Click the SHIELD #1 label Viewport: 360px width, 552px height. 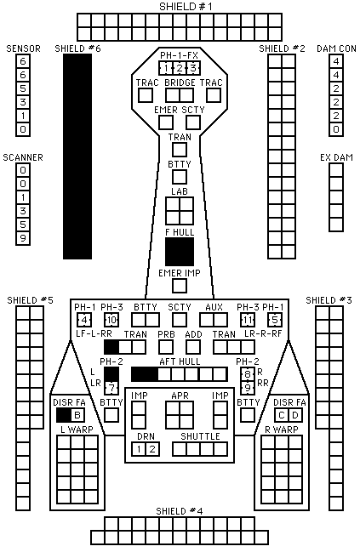pos(186,7)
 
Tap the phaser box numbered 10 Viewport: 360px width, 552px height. pos(111,320)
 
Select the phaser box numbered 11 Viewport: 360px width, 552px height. pos(248,320)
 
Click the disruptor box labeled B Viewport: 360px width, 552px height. pos(77,415)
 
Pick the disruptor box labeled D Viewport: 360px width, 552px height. pos(295,415)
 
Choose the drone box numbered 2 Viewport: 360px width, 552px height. pos(152,449)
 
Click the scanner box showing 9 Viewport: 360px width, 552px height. pos(23,238)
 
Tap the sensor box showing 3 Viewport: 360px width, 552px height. pos(23,102)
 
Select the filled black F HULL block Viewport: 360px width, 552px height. pos(180,252)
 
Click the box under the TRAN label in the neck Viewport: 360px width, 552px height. pos(180,150)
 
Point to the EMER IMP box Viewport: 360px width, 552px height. pos(180,286)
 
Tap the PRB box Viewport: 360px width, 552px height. pos(166,347)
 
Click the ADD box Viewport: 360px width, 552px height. pos(193,347)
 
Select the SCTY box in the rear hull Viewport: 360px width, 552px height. pos(180,320)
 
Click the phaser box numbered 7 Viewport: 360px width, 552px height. pos(111,388)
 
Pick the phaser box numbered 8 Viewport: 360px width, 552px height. pos(248,374)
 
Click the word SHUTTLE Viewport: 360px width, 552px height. pos(200,436)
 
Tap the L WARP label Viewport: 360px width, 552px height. pos(77,430)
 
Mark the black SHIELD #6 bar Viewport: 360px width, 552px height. pos(77,156)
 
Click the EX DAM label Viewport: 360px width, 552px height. pos(336,157)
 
